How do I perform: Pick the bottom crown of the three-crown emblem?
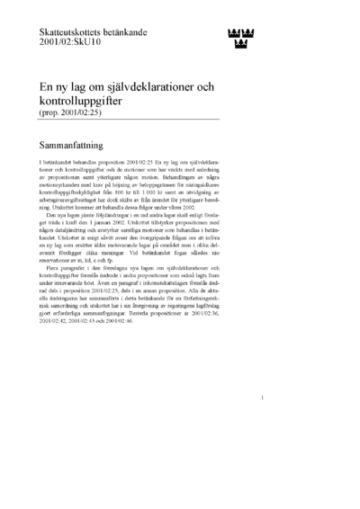pos(238,42)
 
